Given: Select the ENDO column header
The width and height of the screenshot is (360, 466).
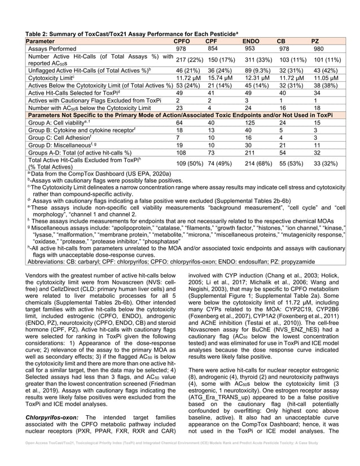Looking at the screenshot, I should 251,41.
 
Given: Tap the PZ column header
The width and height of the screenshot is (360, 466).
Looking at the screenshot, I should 315,41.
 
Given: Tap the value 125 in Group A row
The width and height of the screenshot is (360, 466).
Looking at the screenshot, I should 248,122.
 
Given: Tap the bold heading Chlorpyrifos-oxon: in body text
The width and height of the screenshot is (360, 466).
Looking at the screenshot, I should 51,417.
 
